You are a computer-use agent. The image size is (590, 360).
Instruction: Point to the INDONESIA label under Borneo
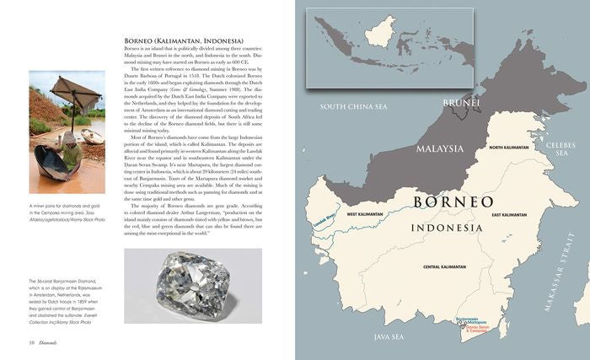point(448,228)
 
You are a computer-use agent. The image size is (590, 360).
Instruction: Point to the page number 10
point(31,343)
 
